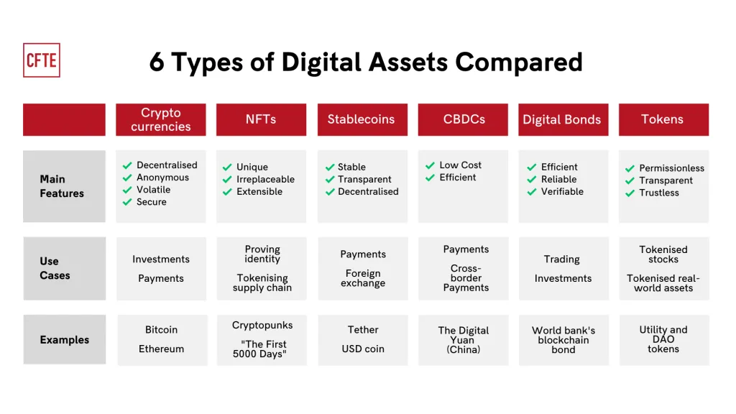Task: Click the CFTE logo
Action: pyautogui.click(x=42, y=60)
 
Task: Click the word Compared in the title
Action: pyautogui.click(x=519, y=62)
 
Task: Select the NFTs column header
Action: pyautogui.click(x=261, y=119)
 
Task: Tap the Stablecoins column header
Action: pyautogui.click(x=361, y=119)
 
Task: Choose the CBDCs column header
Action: pyautogui.click(x=464, y=119)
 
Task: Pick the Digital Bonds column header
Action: pyautogui.click(x=561, y=120)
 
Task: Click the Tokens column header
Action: pyautogui.click(x=662, y=119)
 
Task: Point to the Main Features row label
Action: pyautogui.click(x=62, y=186)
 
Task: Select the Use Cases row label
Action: pyautogui.click(x=55, y=268)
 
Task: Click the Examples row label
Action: pyautogui.click(x=65, y=340)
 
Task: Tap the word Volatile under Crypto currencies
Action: pyautogui.click(x=153, y=190)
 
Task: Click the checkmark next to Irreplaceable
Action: pyautogui.click(x=228, y=180)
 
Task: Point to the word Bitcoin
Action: pyautogui.click(x=161, y=330)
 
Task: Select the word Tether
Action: pyautogui.click(x=363, y=330)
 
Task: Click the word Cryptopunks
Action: pyautogui.click(x=262, y=325)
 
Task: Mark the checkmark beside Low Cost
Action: pyautogui.click(x=431, y=165)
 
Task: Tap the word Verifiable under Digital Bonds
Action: pyautogui.click(x=562, y=192)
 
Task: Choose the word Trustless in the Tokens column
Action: pyautogui.click(x=659, y=193)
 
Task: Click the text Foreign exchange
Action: pyautogui.click(x=363, y=278)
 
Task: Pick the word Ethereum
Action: pyautogui.click(x=161, y=349)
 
